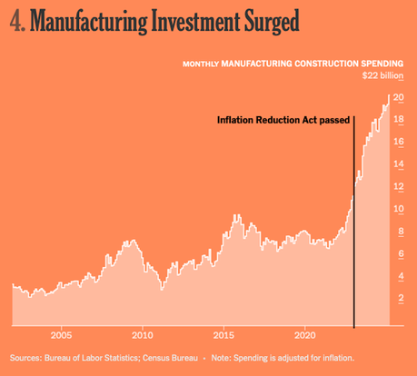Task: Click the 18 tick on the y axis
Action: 398,120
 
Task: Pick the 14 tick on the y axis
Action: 398,164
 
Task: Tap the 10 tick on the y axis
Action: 398,209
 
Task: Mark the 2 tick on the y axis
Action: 401,298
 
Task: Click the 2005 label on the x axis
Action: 61,333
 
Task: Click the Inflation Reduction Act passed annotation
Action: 283,120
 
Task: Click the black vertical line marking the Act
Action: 353,227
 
